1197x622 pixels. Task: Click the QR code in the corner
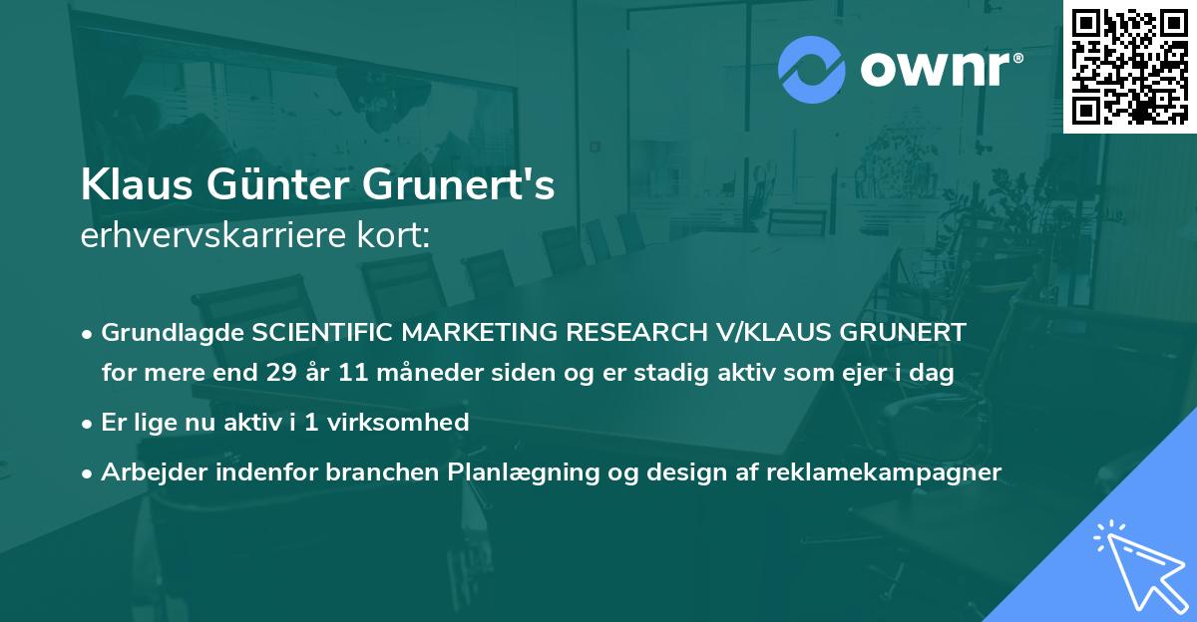(1130, 66)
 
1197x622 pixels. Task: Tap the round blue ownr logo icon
(813, 69)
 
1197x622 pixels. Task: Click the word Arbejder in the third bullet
(147, 471)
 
